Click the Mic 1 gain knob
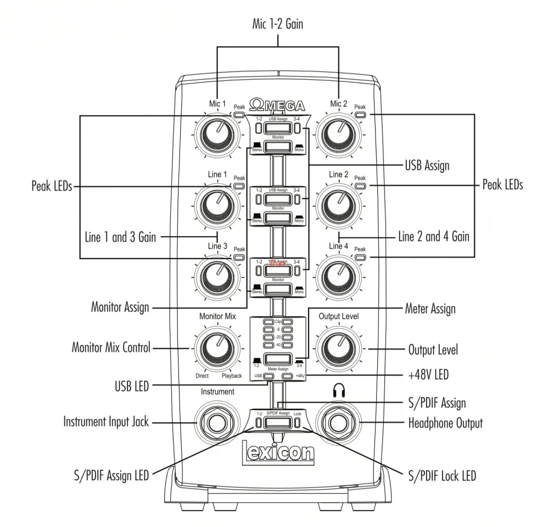pos(217,136)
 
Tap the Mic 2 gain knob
pos(339,136)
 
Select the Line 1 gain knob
pos(217,206)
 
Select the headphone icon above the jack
pos(339,391)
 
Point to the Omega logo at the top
pos(277,105)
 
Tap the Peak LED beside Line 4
pos(360,256)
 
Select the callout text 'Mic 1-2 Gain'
pos(277,24)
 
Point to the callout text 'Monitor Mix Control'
pos(111,347)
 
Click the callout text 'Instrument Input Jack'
pos(106,422)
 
